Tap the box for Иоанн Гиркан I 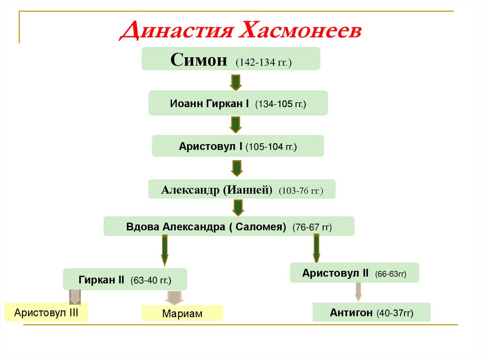click(238, 103)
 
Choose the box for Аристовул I click(238, 146)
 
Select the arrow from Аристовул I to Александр click(237, 168)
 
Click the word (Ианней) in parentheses click(248, 190)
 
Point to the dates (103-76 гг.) click(300, 191)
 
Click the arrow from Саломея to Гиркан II click(164, 250)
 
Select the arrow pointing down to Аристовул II click(317, 247)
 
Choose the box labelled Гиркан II click(125, 280)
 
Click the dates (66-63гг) click(390, 274)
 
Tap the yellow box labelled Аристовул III click(46, 313)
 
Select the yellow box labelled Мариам click(182, 314)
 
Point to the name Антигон click(351, 312)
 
